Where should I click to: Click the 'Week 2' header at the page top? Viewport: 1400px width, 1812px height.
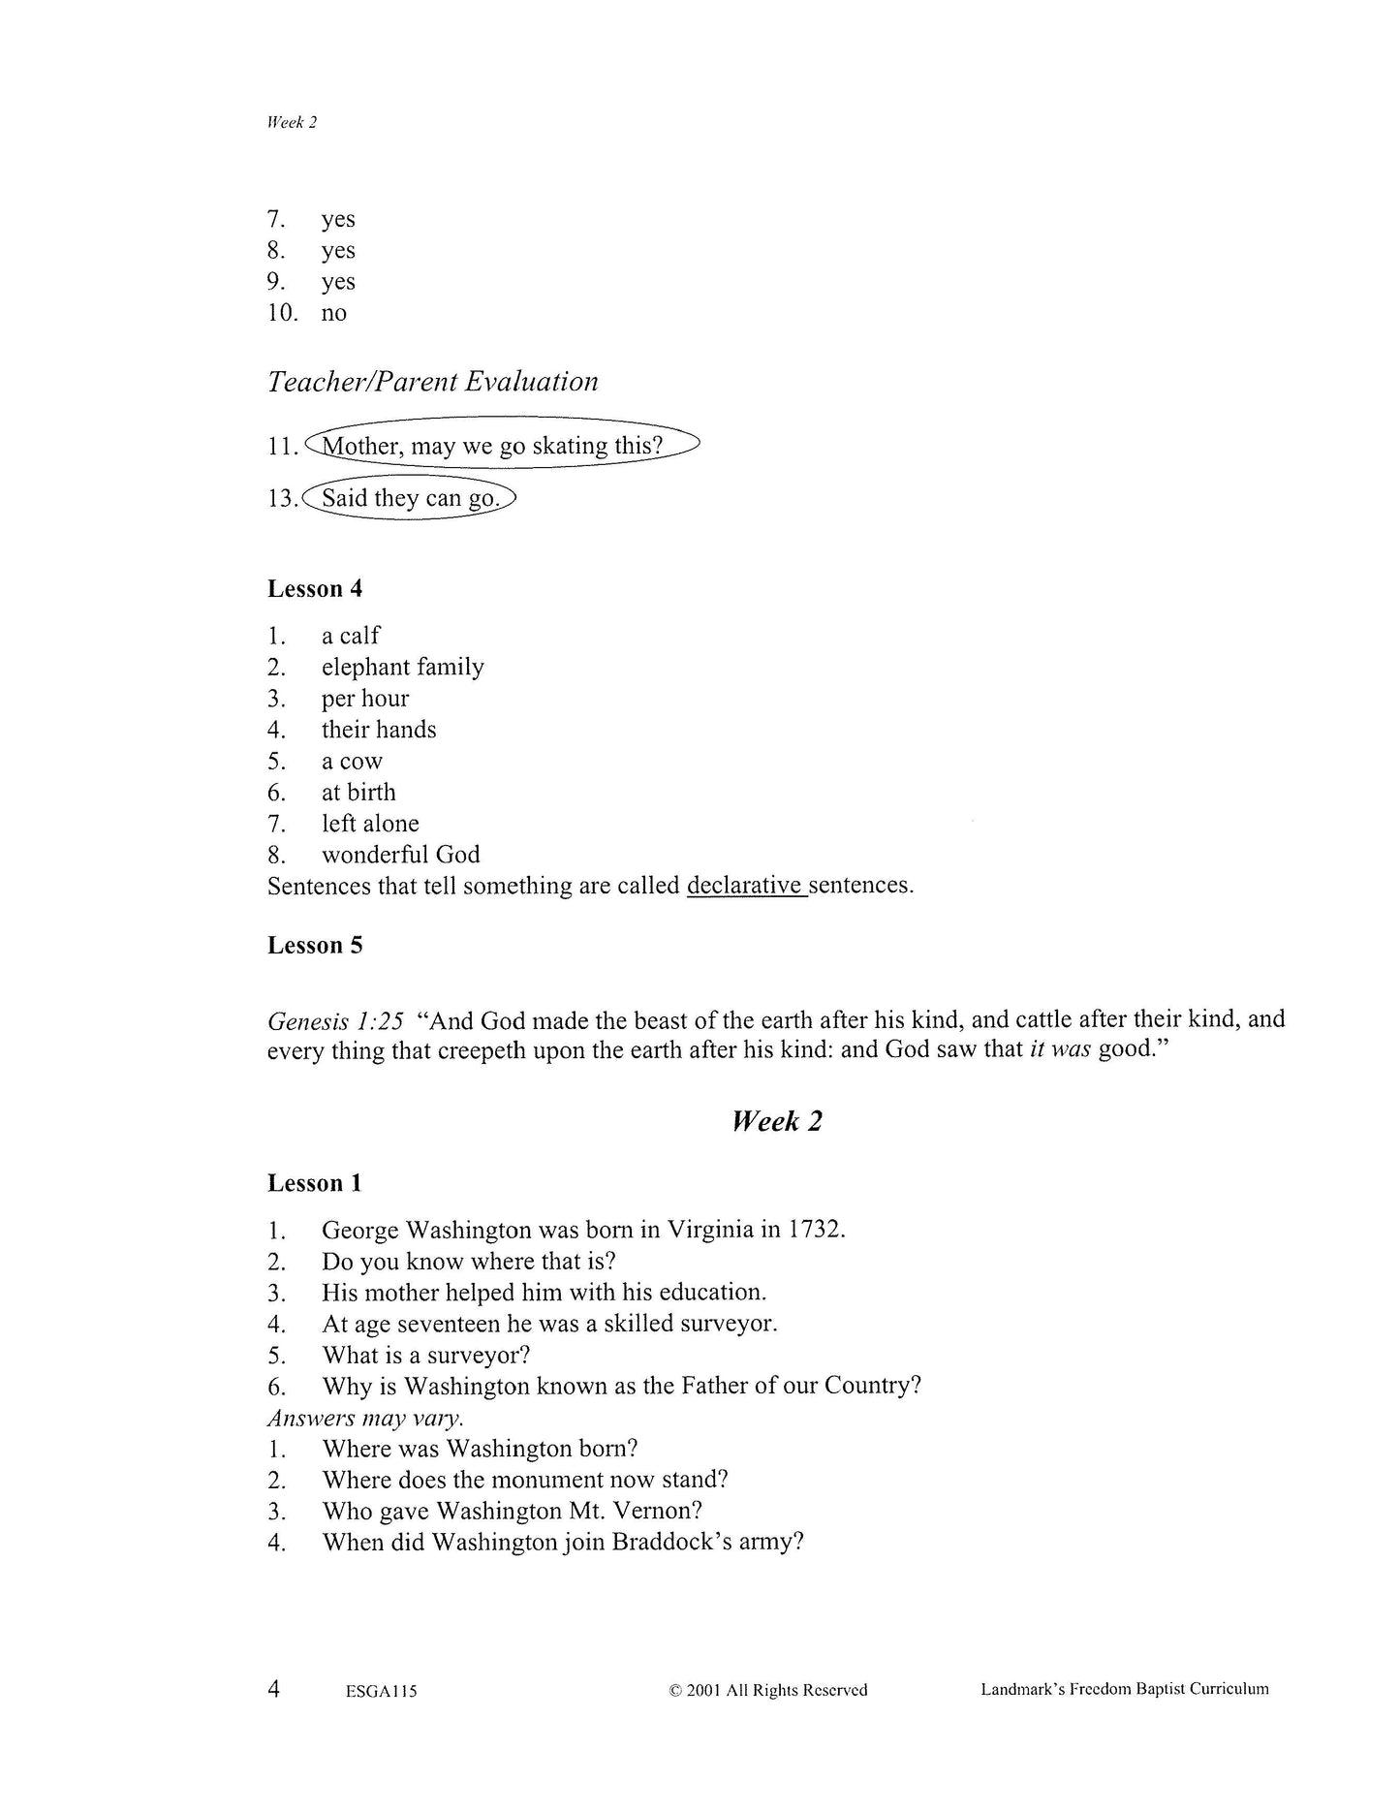tap(292, 122)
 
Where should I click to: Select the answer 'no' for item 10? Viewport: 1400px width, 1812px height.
tap(333, 313)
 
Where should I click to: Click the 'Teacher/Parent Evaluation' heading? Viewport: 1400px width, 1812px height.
tap(432, 382)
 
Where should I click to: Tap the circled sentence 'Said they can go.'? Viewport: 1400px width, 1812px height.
tap(410, 498)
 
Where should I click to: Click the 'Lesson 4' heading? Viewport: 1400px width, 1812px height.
tap(315, 589)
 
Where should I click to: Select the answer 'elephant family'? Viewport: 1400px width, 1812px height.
tap(402, 667)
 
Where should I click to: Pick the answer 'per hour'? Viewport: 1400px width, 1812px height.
tap(365, 699)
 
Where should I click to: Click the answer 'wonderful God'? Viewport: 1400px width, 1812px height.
tap(400, 855)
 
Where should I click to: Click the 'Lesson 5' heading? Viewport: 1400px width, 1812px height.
tap(315, 946)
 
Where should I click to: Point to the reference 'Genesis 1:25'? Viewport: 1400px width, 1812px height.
tap(334, 1020)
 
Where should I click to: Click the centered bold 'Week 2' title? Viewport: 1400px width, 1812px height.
tap(776, 1121)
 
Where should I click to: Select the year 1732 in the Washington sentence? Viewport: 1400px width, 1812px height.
tap(815, 1231)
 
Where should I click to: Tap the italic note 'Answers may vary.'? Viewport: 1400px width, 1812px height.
tap(365, 1418)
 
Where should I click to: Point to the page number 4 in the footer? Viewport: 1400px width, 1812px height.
tap(274, 1689)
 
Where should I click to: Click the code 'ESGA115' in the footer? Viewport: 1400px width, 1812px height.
tap(380, 1692)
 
